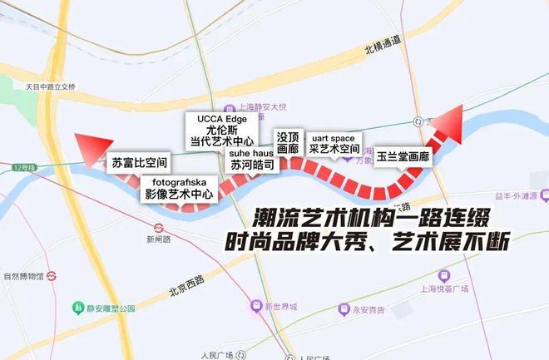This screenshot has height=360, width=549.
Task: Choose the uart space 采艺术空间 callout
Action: [x=333, y=143]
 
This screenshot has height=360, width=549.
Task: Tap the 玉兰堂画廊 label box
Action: [x=402, y=155]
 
